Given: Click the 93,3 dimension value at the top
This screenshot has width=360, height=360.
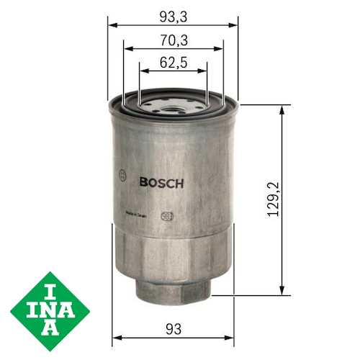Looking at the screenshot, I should pos(173,14).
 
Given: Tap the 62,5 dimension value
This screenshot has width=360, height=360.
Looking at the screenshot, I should pos(173,63).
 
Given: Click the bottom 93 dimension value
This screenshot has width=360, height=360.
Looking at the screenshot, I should pos(173,328).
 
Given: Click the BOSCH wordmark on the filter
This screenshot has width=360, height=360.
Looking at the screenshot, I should pos(161,183).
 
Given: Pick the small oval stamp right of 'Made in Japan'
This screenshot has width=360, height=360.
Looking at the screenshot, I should pos(166,214).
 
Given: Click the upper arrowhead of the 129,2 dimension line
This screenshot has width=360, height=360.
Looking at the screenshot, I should pos(281,109).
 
